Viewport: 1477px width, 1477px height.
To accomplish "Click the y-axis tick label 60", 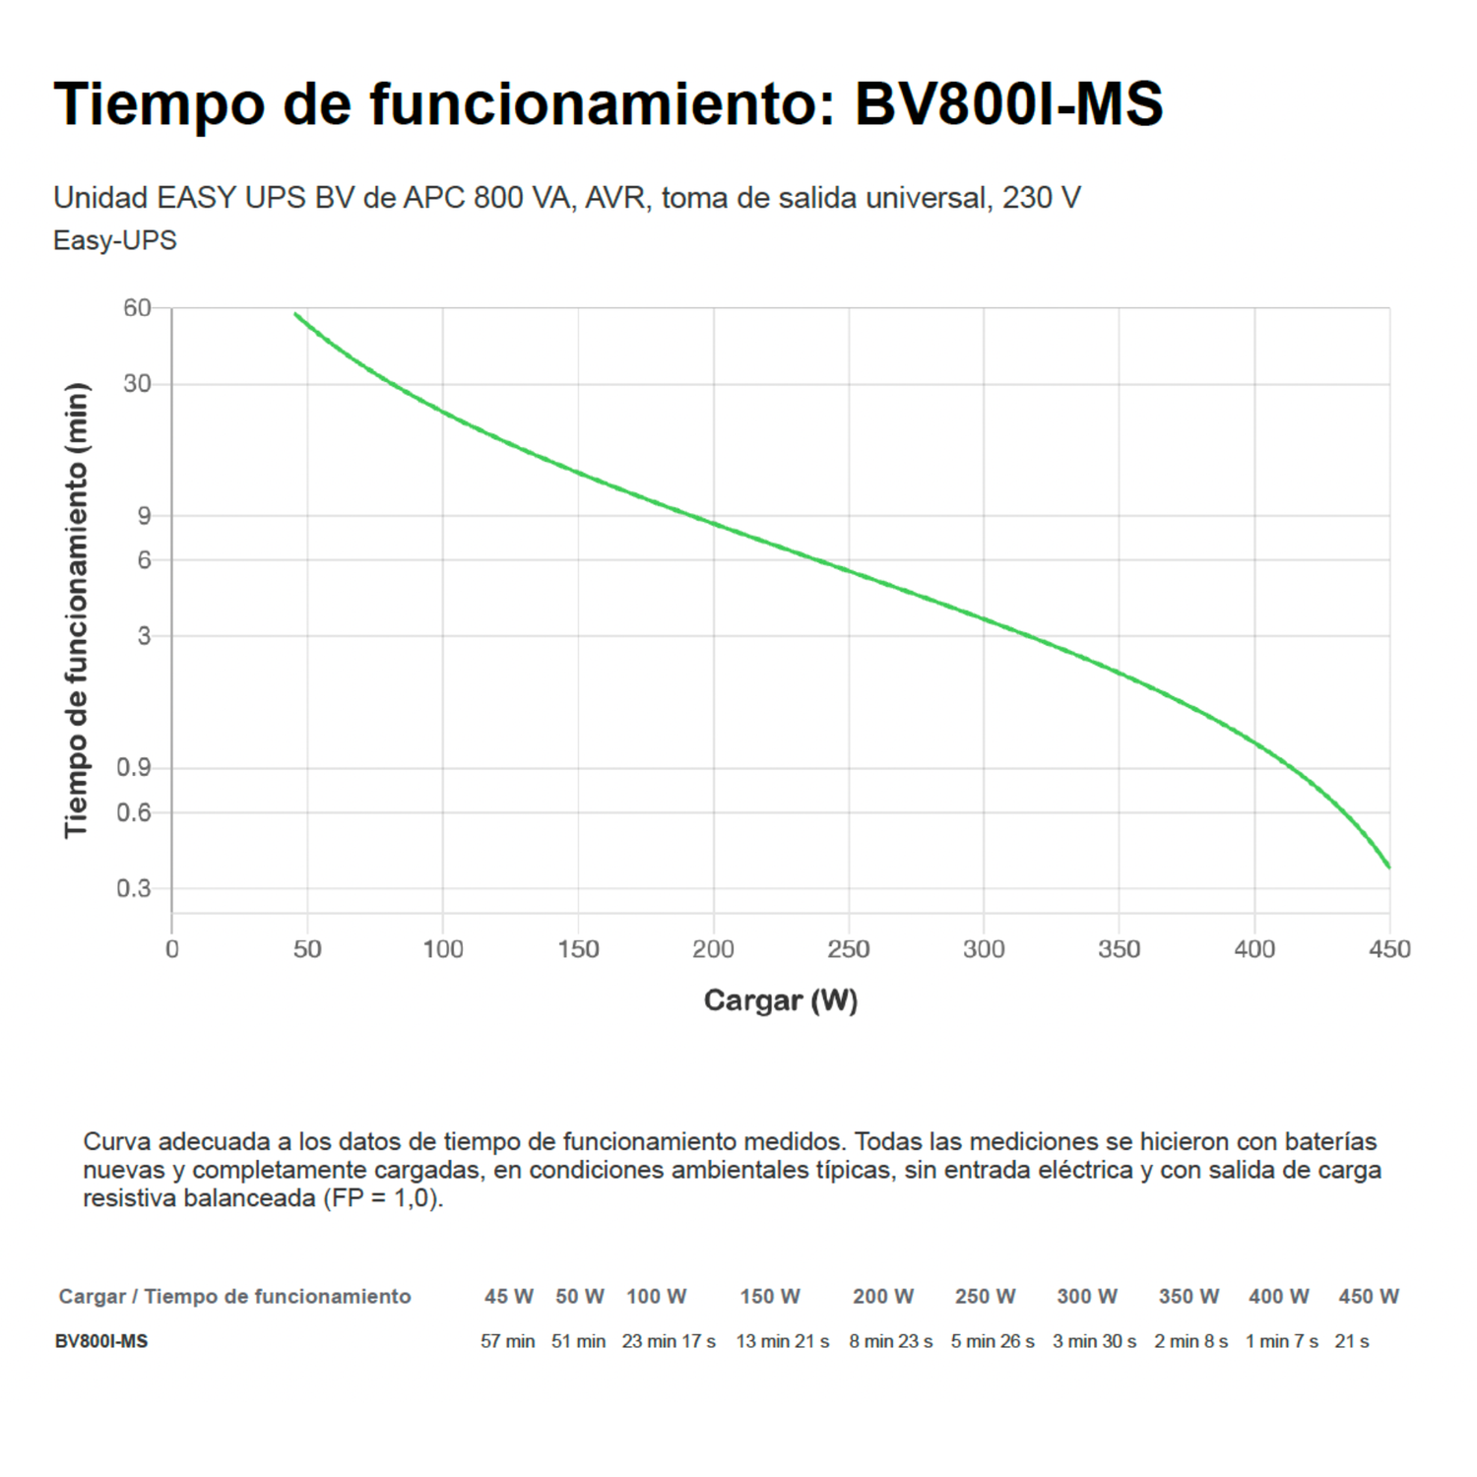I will click(137, 308).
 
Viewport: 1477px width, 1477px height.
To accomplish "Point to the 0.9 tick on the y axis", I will click(134, 767).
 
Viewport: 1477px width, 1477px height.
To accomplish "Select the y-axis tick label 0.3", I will click(134, 888).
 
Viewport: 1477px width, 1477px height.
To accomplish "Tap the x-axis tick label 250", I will click(848, 949).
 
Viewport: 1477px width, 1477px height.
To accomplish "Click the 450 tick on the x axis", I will click(1389, 949).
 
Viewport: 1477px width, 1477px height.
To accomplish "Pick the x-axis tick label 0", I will click(172, 949).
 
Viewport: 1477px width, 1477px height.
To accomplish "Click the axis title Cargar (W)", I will click(780, 1000).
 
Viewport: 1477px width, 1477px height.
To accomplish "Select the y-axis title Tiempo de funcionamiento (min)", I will click(77, 610).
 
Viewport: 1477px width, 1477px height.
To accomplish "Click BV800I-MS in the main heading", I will click(1008, 103).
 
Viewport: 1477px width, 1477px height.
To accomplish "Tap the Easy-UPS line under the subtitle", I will click(115, 240).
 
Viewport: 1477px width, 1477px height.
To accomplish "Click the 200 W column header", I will click(883, 1296).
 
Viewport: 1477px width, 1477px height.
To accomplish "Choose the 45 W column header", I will click(508, 1296).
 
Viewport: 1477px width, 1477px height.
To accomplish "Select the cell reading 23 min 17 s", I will click(669, 1341).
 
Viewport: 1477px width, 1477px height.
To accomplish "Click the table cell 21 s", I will click(1351, 1341).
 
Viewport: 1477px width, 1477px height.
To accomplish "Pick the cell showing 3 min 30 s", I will click(1094, 1341).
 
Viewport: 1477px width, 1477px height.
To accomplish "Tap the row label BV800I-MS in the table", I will click(101, 1341).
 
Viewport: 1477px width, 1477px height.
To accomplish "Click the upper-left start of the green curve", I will click(295, 314).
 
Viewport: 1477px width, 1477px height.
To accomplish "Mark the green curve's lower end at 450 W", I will click(1388, 867).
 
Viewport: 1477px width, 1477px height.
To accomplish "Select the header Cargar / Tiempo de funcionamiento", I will click(234, 1296).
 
